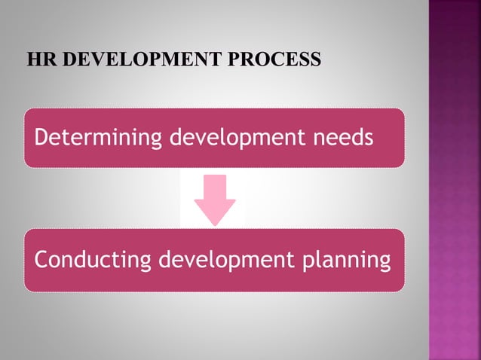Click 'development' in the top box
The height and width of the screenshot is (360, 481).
coord(235,139)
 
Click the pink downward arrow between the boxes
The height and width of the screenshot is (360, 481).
coord(215,198)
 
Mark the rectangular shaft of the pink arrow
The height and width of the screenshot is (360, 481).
coord(215,185)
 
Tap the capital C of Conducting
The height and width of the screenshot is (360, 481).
coord(41,260)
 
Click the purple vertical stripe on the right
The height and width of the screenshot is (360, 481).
coord(455,180)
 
